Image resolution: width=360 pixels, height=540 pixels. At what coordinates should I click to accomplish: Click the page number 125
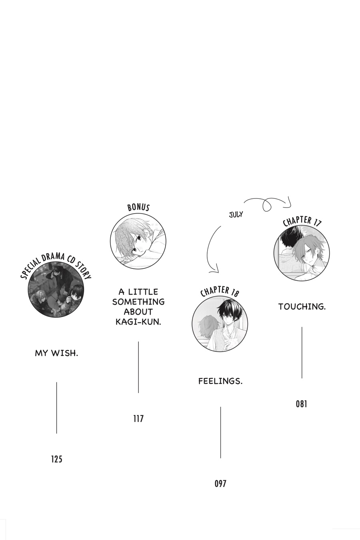pyautogui.click(x=57, y=459)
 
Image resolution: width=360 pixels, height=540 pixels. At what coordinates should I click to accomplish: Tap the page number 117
pyautogui.click(x=138, y=419)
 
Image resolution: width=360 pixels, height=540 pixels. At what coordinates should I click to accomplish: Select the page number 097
pyautogui.click(x=220, y=484)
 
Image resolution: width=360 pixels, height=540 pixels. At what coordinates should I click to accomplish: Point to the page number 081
pyautogui.click(x=302, y=404)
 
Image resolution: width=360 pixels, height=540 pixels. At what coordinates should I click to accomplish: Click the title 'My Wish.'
pyautogui.click(x=57, y=354)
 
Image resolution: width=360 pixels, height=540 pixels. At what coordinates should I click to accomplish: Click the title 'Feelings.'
pyautogui.click(x=220, y=381)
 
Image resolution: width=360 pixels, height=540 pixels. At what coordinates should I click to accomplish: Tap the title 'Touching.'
pyautogui.click(x=302, y=307)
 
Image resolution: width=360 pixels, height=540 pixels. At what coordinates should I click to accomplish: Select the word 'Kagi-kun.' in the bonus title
pyautogui.click(x=138, y=322)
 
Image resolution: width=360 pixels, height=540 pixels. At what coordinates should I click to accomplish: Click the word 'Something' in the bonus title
pyautogui.click(x=138, y=302)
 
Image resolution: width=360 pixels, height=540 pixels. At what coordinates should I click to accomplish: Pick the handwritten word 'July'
pyautogui.click(x=236, y=214)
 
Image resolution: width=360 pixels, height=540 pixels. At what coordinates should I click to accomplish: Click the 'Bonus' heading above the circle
pyautogui.click(x=138, y=207)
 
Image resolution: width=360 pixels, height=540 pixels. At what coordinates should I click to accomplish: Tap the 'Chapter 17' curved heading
pyautogui.click(x=302, y=221)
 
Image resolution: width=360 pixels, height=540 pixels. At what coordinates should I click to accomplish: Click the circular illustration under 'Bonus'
pyautogui.click(x=138, y=241)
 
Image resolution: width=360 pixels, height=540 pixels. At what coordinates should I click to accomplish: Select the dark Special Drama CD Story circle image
pyautogui.click(x=56, y=289)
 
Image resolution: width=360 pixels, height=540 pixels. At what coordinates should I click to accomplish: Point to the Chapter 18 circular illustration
pyautogui.click(x=220, y=323)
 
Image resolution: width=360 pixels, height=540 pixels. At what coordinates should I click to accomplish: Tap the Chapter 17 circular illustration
pyautogui.click(x=302, y=253)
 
